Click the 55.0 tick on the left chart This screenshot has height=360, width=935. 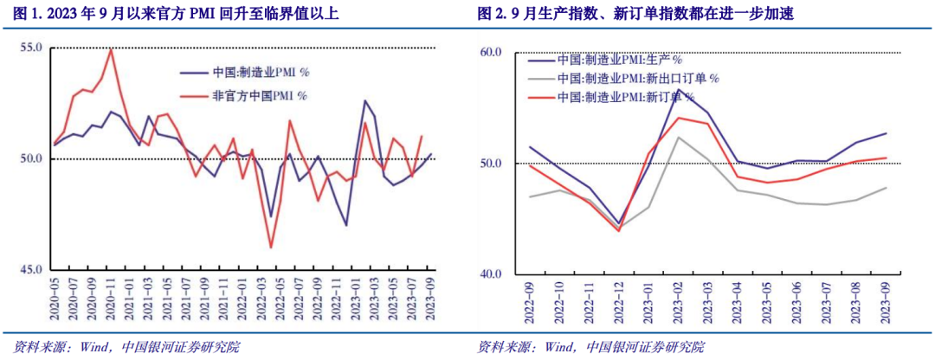pos(31,48)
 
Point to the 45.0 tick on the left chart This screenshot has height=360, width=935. pos(31,270)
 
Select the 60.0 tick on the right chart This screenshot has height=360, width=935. pos(491,52)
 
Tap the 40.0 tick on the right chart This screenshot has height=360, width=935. pos(491,274)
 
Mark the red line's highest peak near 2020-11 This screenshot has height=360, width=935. pos(111,48)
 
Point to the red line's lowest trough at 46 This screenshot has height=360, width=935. pos(271,247)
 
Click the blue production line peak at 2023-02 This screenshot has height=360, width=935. pos(679,89)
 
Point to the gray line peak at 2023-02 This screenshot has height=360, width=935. pos(679,137)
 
